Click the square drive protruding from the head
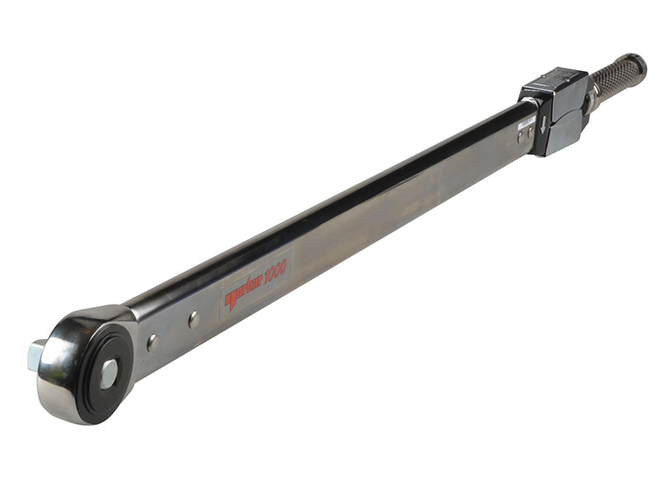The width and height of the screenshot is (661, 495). tap(36, 355)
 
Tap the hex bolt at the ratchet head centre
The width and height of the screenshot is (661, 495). tap(108, 374)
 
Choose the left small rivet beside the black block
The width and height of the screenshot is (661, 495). tap(520, 136)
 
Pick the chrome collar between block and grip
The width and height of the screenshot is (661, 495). tap(591, 101)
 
